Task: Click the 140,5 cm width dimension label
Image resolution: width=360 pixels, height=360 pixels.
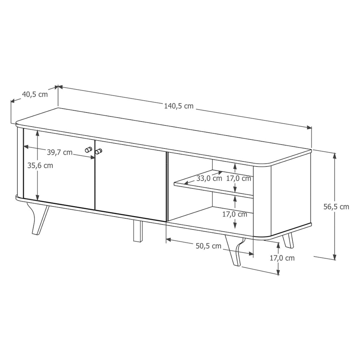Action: tap(179, 106)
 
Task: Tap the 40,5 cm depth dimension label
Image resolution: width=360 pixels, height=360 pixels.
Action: tap(35, 94)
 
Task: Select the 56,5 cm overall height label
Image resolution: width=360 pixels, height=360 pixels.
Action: tap(336, 207)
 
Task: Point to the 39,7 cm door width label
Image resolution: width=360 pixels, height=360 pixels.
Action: tap(60, 152)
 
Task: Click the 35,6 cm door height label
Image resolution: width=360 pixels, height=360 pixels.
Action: tap(40, 166)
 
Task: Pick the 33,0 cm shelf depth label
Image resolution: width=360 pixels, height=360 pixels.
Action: tap(209, 179)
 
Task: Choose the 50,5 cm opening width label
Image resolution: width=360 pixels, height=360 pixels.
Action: tap(208, 246)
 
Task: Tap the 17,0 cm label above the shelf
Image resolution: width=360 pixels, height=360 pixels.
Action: tap(239, 179)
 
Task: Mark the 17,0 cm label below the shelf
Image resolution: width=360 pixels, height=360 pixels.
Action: tap(235, 215)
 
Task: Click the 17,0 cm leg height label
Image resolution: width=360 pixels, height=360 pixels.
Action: tap(282, 258)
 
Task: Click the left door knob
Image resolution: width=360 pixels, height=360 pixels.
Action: tap(88, 150)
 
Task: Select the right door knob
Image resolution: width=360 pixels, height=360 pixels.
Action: tap(99, 152)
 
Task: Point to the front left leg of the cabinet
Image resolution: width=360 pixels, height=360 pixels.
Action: tap(39, 218)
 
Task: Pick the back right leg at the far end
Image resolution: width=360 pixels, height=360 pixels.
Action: tap(288, 240)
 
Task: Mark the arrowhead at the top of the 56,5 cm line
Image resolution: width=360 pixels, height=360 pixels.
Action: tap(335, 156)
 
